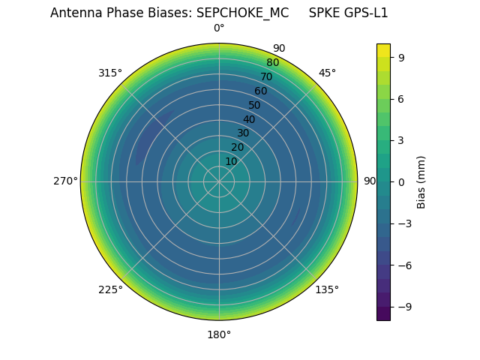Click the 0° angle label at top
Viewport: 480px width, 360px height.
219,28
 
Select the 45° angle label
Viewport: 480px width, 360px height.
327,73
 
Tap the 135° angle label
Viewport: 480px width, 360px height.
327,289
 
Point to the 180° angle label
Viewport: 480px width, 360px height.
219,334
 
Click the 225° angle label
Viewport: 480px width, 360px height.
110,289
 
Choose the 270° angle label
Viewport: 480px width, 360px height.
65,181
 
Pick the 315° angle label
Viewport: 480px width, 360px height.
110,73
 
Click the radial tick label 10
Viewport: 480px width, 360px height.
231,161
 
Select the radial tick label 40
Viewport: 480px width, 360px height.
249,119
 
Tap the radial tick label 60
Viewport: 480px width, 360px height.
261,91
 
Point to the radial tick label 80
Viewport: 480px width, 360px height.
273,63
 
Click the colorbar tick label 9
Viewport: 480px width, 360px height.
402,57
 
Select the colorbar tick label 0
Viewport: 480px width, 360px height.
402,181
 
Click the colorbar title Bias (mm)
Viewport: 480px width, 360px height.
421,181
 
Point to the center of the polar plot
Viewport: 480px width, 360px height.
219,181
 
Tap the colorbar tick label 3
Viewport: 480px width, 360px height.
402,140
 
